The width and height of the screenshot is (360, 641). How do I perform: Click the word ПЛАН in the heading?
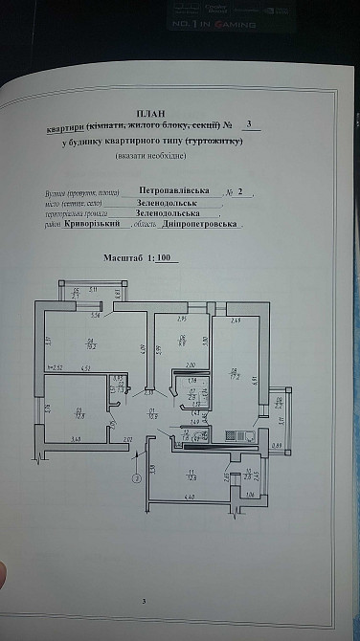tap(145, 111)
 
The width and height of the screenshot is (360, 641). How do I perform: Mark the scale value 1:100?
tap(162, 258)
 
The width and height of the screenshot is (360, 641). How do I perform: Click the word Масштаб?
tap(124, 258)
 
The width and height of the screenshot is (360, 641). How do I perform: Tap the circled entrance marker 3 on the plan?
tap(137, 478)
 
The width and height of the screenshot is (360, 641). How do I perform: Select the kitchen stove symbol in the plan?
tap(239, 435)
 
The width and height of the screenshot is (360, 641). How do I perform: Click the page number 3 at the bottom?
tap(143, 600)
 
